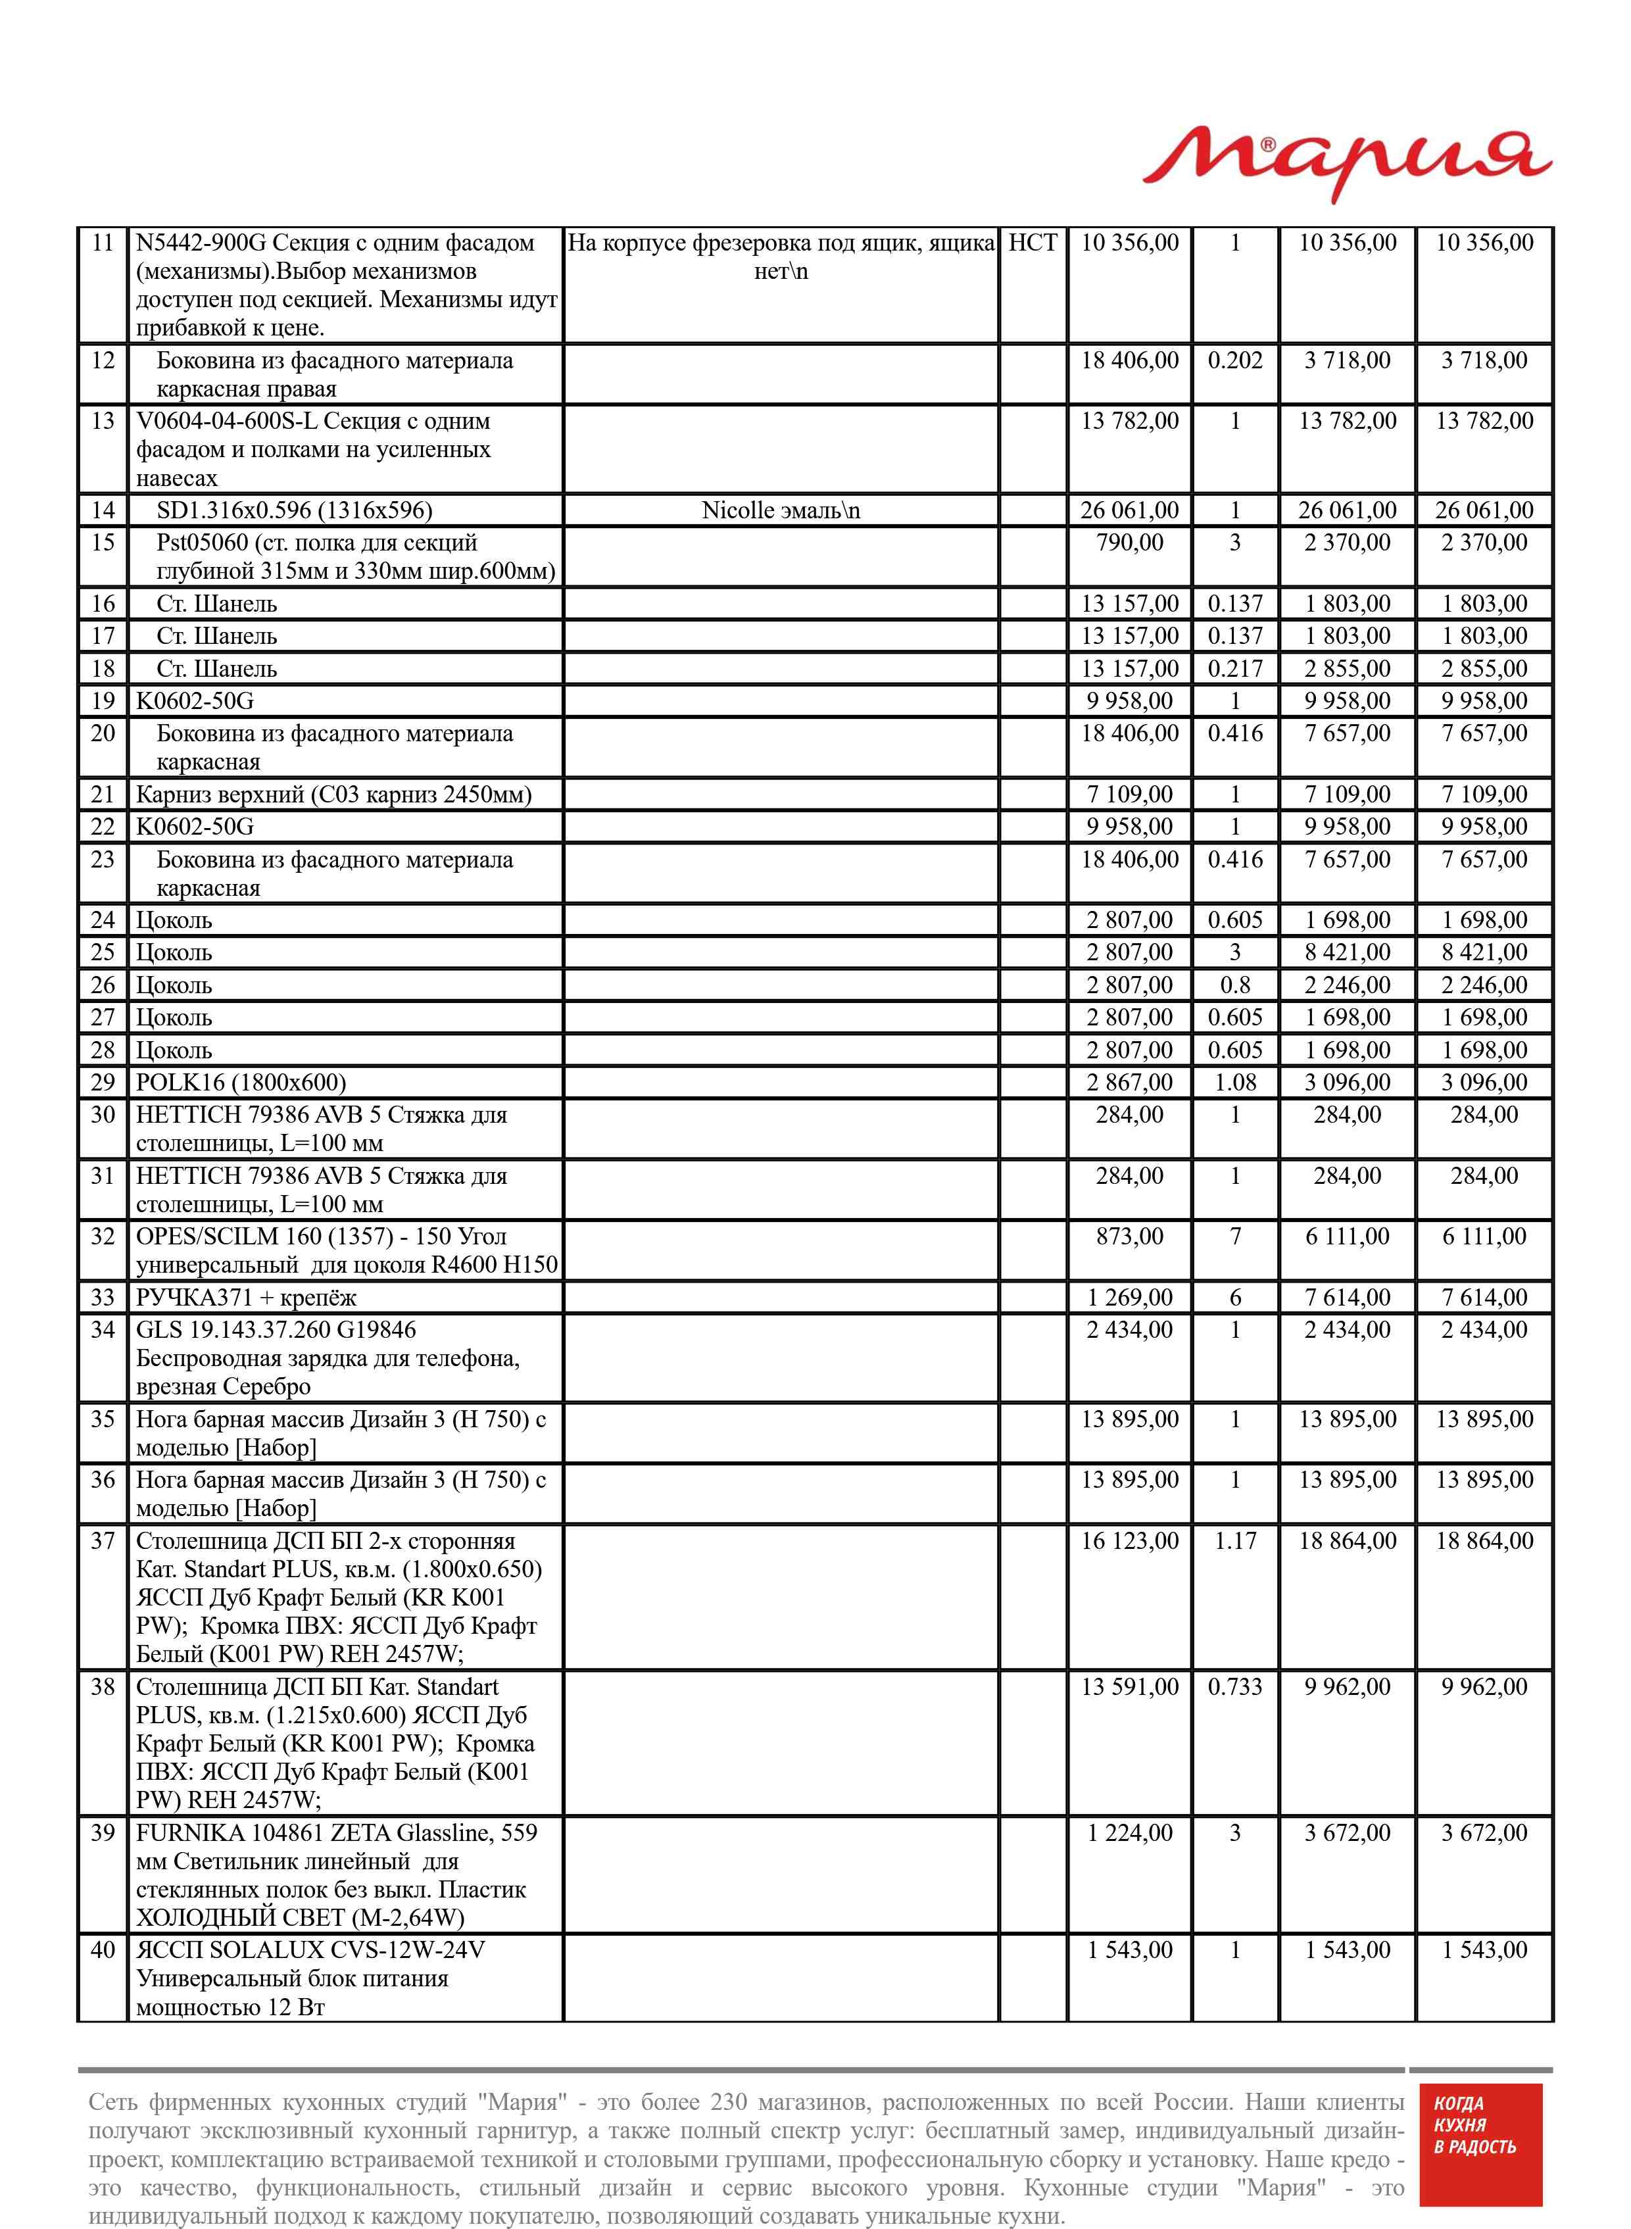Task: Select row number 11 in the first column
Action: click(103, 243)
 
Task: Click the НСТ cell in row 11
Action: click(1032, 243)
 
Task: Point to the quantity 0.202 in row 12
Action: click(1235, 360)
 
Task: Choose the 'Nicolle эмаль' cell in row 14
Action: click(780, 510)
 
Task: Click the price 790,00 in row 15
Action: click(1129, 543)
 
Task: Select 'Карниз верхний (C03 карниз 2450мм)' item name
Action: click(333, 795)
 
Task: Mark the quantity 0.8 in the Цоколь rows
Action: click(1235, 985)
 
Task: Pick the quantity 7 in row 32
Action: click(1235, 1237)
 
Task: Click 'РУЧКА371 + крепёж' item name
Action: click(246, 1298)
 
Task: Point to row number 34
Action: click(103, 1331)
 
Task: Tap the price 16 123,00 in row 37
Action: click(1129, 1542)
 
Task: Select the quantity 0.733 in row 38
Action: click(1235, 1687)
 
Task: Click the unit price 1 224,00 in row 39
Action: click(1129, 1833)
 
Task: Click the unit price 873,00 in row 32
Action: click(1129, 1237)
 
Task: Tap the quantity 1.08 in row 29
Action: click(1235, 1083)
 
